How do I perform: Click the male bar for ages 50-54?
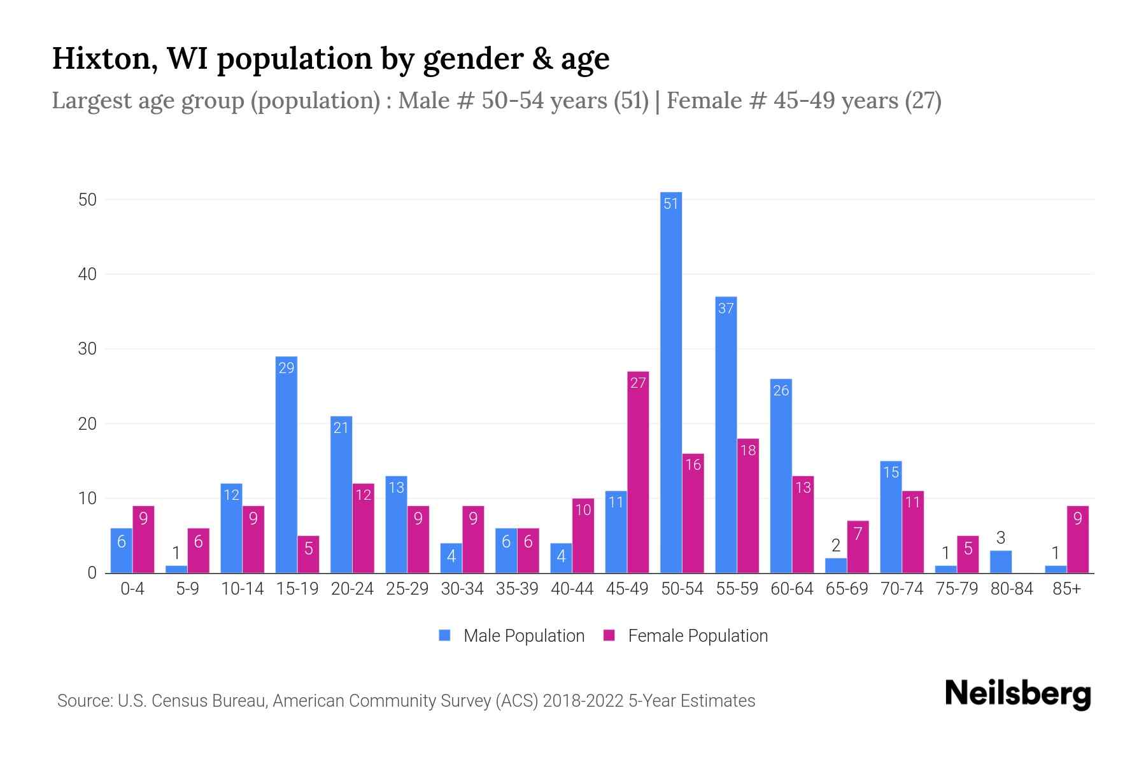click(x=671, y=382)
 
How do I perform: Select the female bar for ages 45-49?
click(x=638, y=472)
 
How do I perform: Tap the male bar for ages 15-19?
click(x=286, y=465)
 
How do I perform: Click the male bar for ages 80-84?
click(x=1001, y=562)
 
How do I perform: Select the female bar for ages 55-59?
click(x=748, y=506)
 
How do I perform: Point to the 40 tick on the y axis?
click(x=87, y=274)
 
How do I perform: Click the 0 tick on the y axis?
click(x=92, y=573)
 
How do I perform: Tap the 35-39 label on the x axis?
click(x=517, y=589)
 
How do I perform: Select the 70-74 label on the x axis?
click(x=902, y=589)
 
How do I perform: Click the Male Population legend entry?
click(x=512, y=636)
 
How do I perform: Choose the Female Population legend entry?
click(x=686, y=636)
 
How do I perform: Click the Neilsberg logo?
click(x=1017, y=694)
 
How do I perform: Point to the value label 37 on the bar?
click(x=726, y=309)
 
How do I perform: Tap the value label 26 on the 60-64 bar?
click(x=781, y=391)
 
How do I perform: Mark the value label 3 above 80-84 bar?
click(x=1001, y=538)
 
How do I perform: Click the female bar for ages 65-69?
click(x=858, y=547)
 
